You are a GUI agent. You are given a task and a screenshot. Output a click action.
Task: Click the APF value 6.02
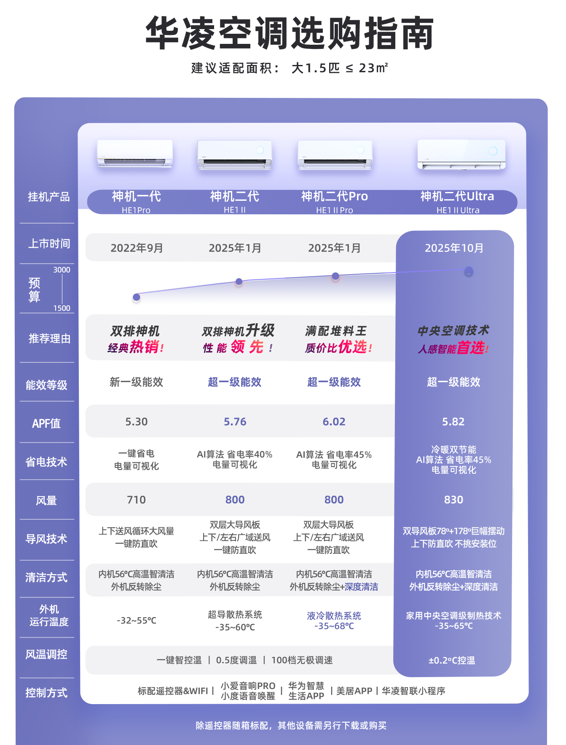pos(334,421)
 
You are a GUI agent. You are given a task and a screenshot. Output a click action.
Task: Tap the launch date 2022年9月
pos(137,248)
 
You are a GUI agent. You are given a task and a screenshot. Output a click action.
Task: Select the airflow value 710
pos(136,499)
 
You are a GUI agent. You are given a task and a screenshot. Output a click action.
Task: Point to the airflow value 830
pos(453,499)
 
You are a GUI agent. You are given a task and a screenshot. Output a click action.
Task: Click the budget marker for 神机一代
pos(136,297)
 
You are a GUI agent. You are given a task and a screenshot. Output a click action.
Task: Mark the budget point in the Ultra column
pos(468,271)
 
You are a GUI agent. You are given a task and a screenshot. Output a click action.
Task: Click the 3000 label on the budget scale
pos(62,270)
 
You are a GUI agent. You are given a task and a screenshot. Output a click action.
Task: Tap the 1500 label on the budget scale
pos(62,308)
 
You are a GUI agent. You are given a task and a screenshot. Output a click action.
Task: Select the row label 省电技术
pos(46,462)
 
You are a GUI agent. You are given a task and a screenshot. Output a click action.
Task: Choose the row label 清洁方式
pos(46,577)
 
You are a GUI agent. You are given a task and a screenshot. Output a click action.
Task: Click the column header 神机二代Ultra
pos(457,196)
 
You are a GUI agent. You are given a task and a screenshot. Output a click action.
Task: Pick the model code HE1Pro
pos(136,210)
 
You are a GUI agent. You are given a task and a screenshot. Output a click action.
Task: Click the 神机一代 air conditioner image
pos(135,154)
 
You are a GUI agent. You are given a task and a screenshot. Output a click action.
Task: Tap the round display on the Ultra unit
pos(493,151)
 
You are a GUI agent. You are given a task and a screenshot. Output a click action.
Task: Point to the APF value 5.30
pos(136,421)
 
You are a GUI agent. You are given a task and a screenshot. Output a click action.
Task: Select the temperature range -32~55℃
pos(136,621)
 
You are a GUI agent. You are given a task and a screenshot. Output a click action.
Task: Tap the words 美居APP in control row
pos(354,691)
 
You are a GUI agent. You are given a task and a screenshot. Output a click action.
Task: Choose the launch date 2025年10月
pos(454,248)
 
